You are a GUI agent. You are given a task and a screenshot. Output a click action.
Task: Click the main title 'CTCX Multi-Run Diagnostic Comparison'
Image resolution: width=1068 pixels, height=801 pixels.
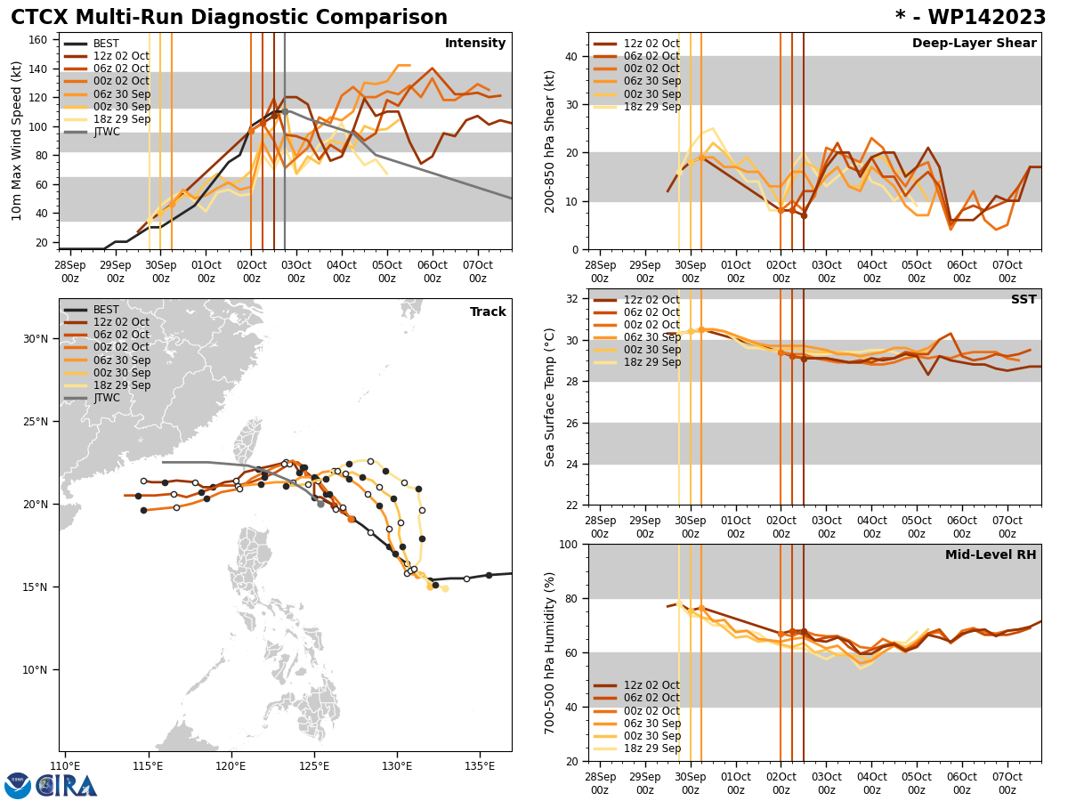pos(229,18)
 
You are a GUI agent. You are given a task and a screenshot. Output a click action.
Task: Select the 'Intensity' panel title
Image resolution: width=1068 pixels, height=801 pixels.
pos(475,44)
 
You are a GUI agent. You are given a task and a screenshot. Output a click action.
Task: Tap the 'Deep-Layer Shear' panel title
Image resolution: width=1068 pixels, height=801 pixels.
pos(974,44)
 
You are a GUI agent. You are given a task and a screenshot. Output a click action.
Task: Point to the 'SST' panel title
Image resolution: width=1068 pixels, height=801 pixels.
pos(1023,300)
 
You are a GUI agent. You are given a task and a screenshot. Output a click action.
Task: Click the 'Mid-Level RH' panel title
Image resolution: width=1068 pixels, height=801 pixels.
pos(991,555)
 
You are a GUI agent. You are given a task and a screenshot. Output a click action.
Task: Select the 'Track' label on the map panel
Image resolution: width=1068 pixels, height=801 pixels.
pos(488,312)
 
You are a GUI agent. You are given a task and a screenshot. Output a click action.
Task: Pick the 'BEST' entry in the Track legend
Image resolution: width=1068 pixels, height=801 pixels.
pos(106,310)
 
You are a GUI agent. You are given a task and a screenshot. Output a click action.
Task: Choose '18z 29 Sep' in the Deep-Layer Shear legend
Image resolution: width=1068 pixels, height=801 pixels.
pos(652,107)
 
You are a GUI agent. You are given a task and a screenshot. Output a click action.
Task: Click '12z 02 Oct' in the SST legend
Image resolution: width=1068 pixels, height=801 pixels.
pos(652,300)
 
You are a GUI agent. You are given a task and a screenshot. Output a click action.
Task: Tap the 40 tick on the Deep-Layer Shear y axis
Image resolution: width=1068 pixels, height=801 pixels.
pos(571,56)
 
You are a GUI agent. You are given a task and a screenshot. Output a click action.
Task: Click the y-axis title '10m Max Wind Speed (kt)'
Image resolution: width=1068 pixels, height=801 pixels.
pos(18,141)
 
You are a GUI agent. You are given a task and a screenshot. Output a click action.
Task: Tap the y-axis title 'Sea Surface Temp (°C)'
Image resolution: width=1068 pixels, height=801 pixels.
pos(550,397)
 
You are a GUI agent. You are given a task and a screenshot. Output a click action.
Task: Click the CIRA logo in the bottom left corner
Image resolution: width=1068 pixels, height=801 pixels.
pos(67,785)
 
